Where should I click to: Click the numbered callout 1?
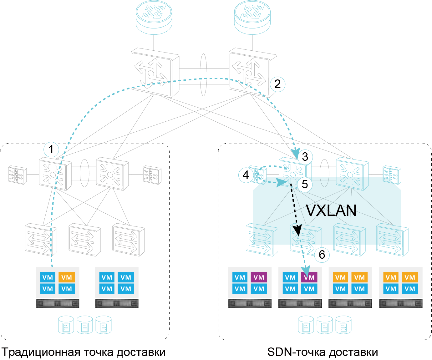(x=51, y=150)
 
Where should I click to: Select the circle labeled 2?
(x=277, y=84)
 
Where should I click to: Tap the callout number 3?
(x=305, y=156)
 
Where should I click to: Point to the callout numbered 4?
(x=246, y=175)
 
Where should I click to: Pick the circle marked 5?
(x=305, y=184)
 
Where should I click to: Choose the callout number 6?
(x=322, y=255)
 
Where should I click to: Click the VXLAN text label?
(x=331, y=210)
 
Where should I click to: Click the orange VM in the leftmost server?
(x=67, y=277)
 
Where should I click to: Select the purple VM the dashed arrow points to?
(x=309, y=277)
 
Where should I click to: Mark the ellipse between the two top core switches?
(x=203, y=74)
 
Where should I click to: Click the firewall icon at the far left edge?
(x=17, y=175)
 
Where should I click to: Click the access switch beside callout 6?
(x=305, y=239)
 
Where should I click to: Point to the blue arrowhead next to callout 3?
(x=296, y=152)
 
